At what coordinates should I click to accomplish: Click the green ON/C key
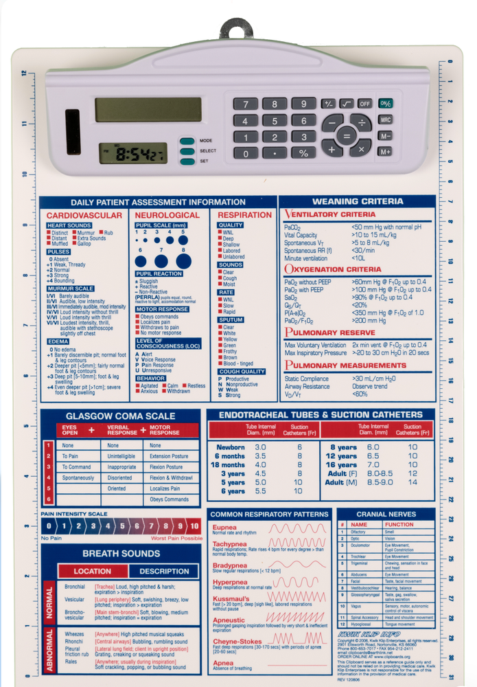[385, 103]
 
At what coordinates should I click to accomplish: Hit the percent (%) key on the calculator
[302, 153]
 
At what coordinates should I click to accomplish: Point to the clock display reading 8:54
[132, 153]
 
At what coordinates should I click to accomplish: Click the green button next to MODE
[187, 141]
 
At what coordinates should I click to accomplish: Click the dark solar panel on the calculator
[73, 131]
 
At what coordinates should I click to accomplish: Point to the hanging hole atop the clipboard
[238, 32]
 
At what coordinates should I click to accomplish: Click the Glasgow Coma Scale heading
[120, 416]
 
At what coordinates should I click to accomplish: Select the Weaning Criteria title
[358, 202]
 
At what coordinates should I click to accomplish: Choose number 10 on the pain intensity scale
[194, 527]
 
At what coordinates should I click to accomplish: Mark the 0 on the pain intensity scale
[48, 527]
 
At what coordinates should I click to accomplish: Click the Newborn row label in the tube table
[231, 447]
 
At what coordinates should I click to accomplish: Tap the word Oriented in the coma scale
[117, 488]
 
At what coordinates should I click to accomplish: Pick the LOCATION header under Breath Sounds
[93, 571]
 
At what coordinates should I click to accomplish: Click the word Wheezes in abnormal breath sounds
[75, 634]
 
